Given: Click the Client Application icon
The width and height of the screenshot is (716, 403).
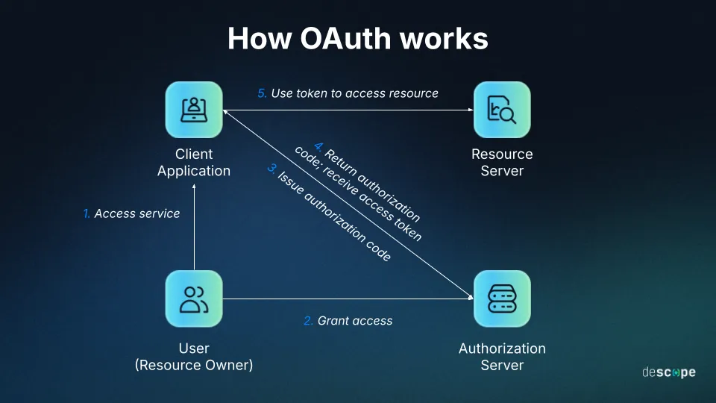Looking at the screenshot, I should tap(194, 110).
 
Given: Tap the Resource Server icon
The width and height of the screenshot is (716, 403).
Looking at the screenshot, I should tap(502, 110).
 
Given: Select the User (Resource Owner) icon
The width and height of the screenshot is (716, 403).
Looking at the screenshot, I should tap(194, 299).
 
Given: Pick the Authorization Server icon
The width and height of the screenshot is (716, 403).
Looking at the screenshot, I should tap(502, 299).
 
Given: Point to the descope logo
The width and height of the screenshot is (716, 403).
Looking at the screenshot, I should tap(668, 372).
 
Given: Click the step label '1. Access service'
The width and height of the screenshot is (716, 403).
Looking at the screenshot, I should tap(131, 213).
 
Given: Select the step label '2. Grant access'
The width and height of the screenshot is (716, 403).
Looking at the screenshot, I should tap(348, 321).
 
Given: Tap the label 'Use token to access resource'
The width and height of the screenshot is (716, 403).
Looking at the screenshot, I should tap(354, 93).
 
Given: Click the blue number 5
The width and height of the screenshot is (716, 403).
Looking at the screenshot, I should tap(262, 93).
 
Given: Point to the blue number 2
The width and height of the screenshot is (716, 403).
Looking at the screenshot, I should tap(308, 321).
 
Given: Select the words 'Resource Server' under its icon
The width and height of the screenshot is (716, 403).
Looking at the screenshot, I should tap(502, 163).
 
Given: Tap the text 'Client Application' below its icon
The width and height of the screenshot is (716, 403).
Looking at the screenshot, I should tap(194, 163).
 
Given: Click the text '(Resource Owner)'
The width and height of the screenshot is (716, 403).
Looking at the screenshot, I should tap(194, 366).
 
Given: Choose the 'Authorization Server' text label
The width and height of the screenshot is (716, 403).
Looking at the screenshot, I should tap(502, 357).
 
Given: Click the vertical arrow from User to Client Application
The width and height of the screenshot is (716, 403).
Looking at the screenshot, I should tap(194, 231).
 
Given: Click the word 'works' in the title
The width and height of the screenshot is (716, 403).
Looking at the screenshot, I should tap(446, 39).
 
